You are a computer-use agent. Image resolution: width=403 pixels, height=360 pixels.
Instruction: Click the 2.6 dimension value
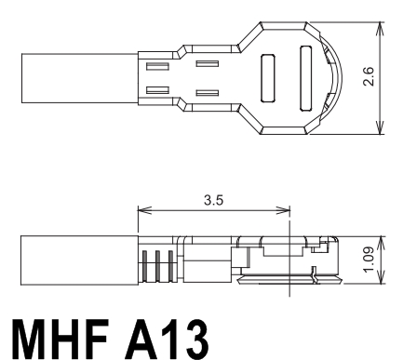tap(369, 76)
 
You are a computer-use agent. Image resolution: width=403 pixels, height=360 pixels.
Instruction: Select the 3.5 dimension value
tap(213, 200)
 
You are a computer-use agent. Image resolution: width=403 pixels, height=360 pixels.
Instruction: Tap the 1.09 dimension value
tap(369, 260)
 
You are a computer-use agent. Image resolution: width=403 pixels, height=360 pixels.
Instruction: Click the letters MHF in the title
tap(60, 339)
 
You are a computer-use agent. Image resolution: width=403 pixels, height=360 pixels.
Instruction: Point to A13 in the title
tap(167, 339)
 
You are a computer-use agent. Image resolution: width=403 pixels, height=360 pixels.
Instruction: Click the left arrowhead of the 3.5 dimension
tap(144, 210)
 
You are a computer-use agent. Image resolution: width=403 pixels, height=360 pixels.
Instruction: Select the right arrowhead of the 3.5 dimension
tap(283, 210)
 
